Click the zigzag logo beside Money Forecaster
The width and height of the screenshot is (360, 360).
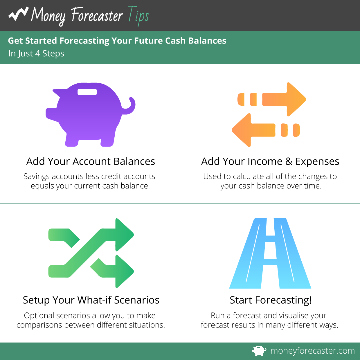(18, 14)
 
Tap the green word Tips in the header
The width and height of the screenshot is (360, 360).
(138, 16)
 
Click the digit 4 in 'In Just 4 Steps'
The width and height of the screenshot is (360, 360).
(37, 54)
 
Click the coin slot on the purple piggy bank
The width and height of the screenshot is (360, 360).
(87, 92)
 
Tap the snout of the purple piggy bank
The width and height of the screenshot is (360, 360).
(51, 114)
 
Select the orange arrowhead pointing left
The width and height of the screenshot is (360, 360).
(241, 130)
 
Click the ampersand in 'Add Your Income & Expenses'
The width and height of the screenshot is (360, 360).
(289, 161)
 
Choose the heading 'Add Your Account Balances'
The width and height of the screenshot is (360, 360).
(91, 161)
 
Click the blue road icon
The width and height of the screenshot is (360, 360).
(270, 253)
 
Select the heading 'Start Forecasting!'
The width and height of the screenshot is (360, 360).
(271, 300)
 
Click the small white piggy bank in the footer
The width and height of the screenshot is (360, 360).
(259, 351)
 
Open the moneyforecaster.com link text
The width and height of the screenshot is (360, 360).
(313, 351)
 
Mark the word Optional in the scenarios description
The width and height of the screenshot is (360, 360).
(39, 316)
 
